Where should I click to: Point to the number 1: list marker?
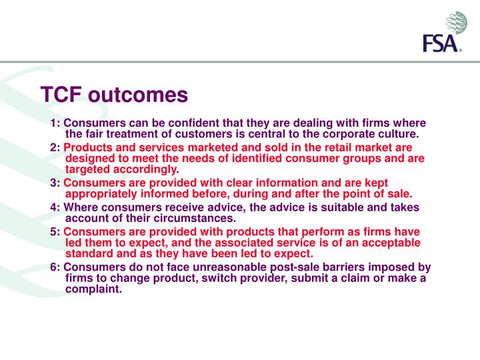coord(55,123)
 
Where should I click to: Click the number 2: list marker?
coord(55,147)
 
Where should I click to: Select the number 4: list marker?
coord(55,207)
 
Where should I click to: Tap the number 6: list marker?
coord(55,267)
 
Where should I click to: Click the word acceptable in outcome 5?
coord(382,243)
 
